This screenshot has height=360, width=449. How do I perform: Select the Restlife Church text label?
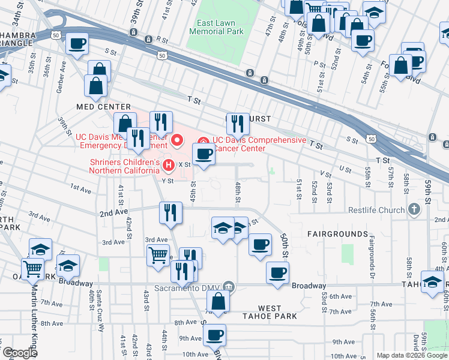click(375, 210)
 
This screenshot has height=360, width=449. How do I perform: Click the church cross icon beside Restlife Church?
click(413, 209)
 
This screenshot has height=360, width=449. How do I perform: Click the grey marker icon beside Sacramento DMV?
click(228, 287)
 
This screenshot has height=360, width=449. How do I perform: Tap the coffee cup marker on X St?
click(204, 155)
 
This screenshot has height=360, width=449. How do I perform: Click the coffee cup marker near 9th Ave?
click(214, 335)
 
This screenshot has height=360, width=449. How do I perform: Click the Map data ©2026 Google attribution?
click(412, 355)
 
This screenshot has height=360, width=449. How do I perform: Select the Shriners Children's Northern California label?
click(124, 166)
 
